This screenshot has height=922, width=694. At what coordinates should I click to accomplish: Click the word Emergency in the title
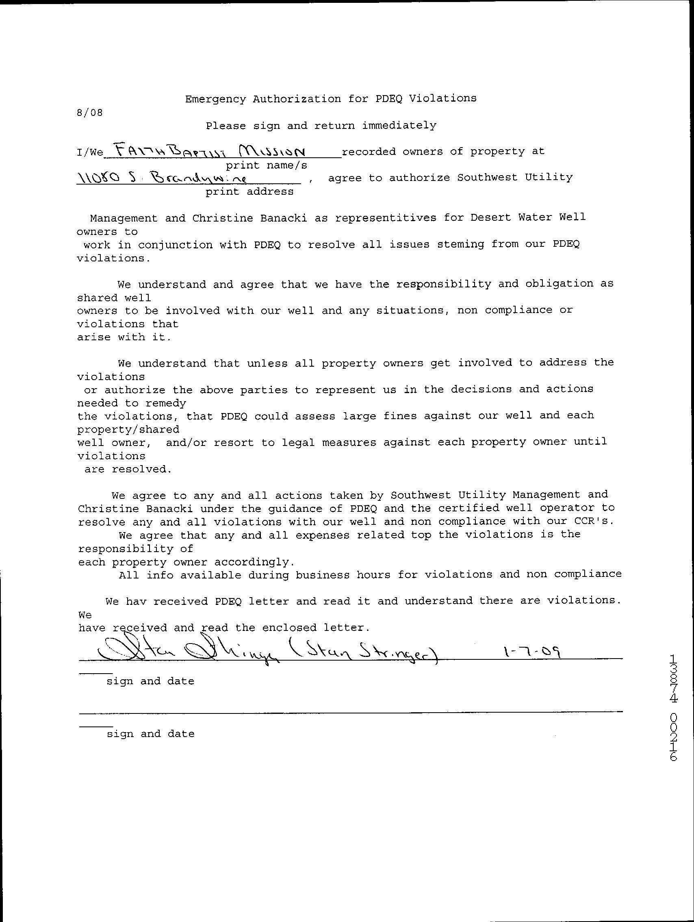click(x=215, y=99)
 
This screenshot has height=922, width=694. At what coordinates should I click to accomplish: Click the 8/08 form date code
click(x=89, y=113)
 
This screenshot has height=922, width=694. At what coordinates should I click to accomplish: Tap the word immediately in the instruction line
click(x=399, y=126)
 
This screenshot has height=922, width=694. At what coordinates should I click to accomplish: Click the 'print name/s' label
click(x=267, y=165)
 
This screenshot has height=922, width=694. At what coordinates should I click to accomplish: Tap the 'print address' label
click(x=249, y=192)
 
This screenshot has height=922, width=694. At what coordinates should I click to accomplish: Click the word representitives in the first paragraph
click(x=385, y=218)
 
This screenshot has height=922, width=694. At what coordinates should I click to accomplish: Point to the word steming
click(x=460, y=244)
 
